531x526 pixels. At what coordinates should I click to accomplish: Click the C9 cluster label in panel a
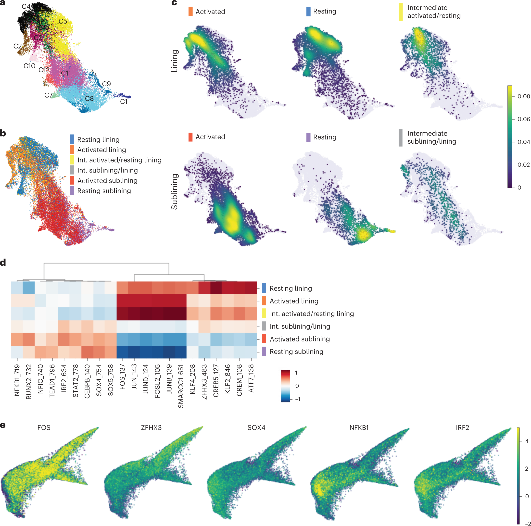106,84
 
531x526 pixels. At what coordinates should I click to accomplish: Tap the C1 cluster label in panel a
124,102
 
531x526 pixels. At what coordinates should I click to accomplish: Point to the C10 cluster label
29,66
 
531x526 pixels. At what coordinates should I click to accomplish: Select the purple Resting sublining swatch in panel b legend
72,190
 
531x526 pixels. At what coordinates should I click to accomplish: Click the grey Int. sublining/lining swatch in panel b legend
72,170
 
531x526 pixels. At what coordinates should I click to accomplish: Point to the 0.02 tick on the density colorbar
523,165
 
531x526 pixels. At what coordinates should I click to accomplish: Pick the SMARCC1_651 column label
181,386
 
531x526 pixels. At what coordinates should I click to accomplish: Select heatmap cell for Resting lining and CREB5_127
216,288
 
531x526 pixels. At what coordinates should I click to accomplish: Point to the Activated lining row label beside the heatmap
294,301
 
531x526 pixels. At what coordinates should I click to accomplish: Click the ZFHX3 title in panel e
151,428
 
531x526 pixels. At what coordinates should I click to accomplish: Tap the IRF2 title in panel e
462,428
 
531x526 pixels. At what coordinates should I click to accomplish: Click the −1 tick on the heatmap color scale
298,399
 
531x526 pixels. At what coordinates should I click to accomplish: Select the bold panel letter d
3,263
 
